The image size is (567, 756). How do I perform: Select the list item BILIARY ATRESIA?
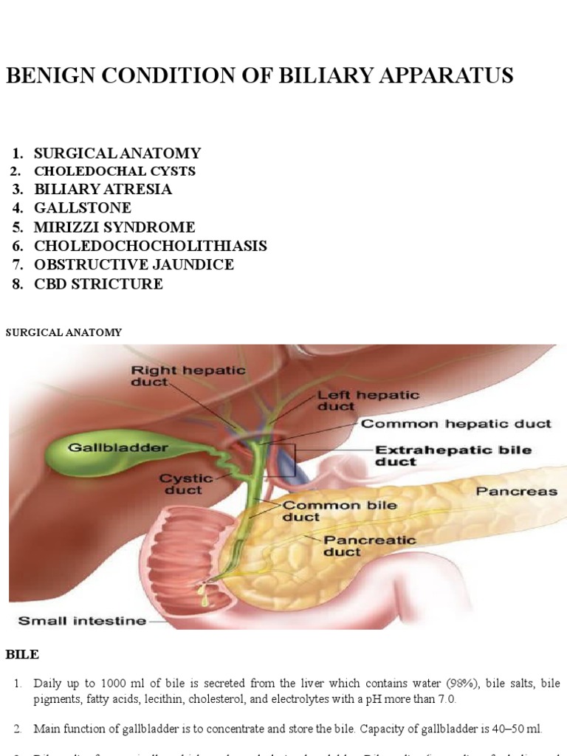(x=103, y=189)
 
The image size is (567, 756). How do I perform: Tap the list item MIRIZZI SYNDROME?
(x=114, y=227)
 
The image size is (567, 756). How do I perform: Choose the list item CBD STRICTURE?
(x=98, y=284)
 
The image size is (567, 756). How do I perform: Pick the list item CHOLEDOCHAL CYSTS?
(x=114, y=171)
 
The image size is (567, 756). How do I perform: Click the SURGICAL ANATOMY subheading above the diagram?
(x=63, y=333)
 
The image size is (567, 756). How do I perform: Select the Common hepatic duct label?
(x=456, y=424)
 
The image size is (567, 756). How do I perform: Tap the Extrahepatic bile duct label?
(x=453, y=456)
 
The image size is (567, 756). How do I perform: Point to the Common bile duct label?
(x=330, y=512)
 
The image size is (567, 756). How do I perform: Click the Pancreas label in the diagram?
(x=516, y=491)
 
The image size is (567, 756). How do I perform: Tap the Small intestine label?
(x=82, y=621)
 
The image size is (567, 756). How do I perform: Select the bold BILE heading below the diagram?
(x=22, y=654)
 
